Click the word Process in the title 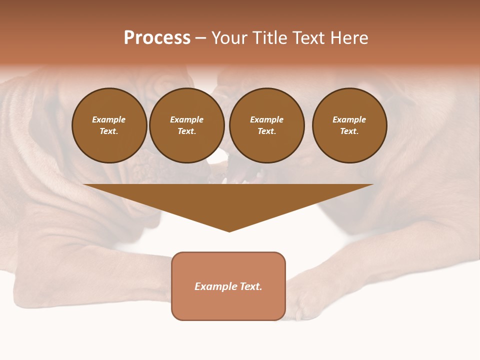pyautogui.click(x=157, y=38)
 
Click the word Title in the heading pyautogui.click(x=268, y=38)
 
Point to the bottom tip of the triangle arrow pyautogui.click(x=229, y=231)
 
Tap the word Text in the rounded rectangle pyautogui.click(x=250, y=286)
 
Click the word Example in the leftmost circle pyautogui.click(x=109, y=119)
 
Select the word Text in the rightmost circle pyautogui.click(x=349, y=131)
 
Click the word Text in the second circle pyautogui.click(x=186, y=131)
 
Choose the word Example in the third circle pyautogui.click(x=266, y=119)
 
